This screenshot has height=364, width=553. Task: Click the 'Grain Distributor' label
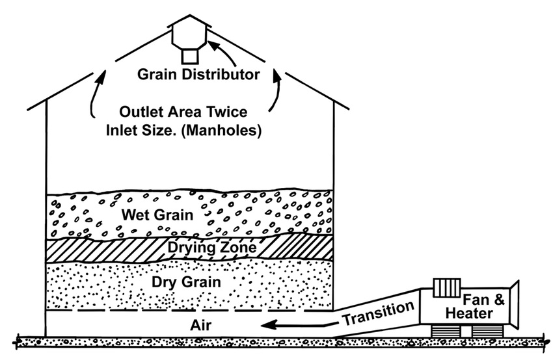point(198,74)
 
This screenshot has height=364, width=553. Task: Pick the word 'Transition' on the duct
point(378,313)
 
